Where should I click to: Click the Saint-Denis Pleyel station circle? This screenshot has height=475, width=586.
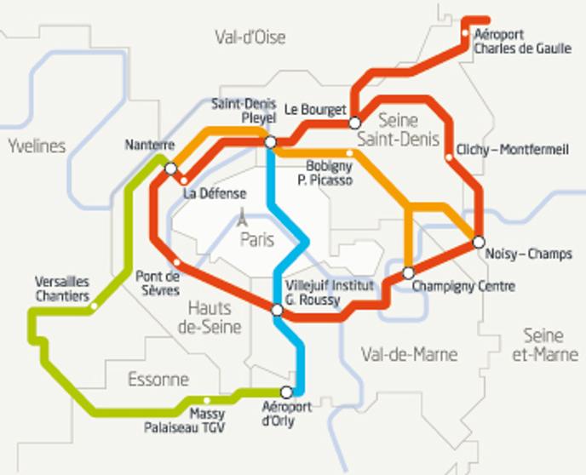tap(270, 142)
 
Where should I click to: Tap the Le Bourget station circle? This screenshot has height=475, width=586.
tap(355, 123)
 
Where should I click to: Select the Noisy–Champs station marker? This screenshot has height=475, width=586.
tap(479, 242)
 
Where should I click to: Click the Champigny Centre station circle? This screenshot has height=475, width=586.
tap(408, 273)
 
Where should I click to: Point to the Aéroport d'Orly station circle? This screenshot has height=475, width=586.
tap(287, 392)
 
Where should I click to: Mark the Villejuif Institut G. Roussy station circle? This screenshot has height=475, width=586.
tap(277, 310)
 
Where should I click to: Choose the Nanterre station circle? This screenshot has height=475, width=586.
tap(171, 169)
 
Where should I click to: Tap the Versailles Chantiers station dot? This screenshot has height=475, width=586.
tap(94, 306)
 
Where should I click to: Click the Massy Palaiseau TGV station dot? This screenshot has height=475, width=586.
tap(207, 400)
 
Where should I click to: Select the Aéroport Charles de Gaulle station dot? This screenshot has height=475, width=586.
tap(465, 35)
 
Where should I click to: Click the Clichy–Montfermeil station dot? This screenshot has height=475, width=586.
tap(449, 157)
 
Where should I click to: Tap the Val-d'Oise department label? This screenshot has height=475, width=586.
tap(250, 37)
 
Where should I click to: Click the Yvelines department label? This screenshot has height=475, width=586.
tap(37, 146)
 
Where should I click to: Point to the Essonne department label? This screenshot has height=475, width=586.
tap(158, 379)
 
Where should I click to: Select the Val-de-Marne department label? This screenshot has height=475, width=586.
tap(409, 354)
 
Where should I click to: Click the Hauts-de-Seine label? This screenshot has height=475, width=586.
tap(215, 318)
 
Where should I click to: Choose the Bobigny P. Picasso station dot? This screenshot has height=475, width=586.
tap(350, 153)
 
